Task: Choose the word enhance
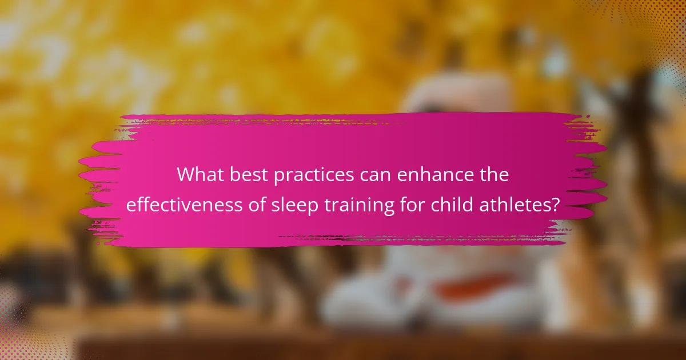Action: pos(436,175)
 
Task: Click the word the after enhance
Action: pos(493,175)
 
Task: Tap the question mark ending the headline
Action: pos(555,205)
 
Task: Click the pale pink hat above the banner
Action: pos(457,91)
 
